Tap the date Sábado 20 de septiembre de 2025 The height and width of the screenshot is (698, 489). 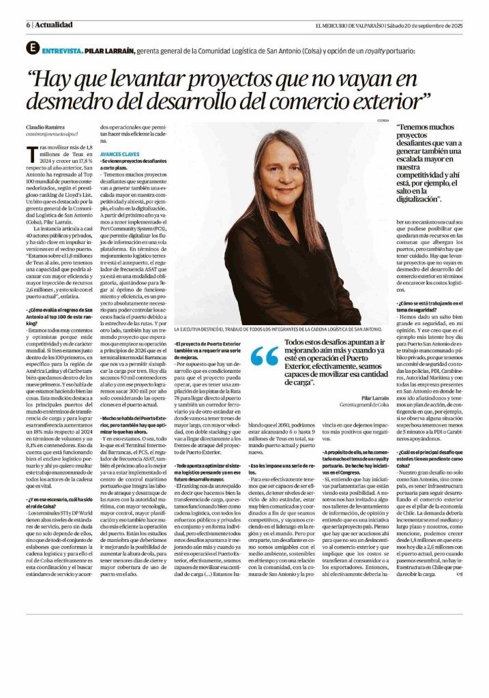[x=424, y=25]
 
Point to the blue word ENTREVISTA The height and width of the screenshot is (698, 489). [x=62, y=51]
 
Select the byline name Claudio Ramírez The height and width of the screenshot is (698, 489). [x=46, y=127]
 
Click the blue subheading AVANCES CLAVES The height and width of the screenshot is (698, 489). [x=119, y=154]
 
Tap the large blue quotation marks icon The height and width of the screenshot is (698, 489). [x=265, y=356]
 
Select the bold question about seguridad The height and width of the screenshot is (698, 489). [x=429, y=306]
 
